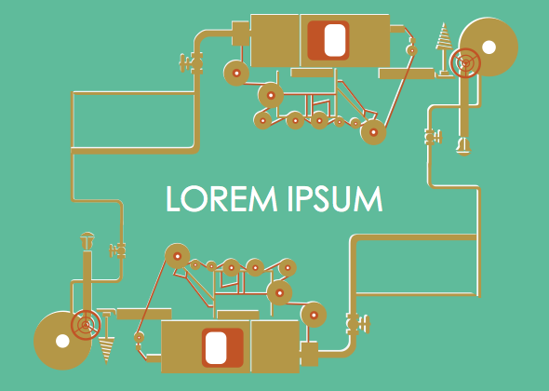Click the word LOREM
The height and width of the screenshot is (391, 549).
tap(221, 198)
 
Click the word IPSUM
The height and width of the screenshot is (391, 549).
tap(335, 198)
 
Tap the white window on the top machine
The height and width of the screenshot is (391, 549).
tap(335, 40)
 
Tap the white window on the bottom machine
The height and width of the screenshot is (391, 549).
tap(216, 348)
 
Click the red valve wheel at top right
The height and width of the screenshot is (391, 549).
tap(465, 63)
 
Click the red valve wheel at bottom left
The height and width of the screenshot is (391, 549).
tap(86, 325)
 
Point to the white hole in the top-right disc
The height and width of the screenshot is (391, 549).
tap(489, 47)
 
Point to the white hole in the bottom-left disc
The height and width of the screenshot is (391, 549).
tap(62, 341)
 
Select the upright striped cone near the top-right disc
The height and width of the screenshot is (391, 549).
tap(444, 49)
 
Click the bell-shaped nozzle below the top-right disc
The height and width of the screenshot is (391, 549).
tap(463, 145)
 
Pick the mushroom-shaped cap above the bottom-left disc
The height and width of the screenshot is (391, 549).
tap(87, 240)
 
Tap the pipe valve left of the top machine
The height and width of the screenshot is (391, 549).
tap(191, 63)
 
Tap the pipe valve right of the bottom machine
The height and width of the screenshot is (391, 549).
tap(358, 323)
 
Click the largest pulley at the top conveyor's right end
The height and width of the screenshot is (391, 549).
tap(373, 132)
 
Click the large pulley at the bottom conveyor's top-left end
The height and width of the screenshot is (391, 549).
tap(178, 256)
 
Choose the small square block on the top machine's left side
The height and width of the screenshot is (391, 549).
tap(241, 34)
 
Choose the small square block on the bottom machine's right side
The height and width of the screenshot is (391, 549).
tap(310, 354)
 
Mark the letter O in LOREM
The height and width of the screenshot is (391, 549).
tap(195, 198)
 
